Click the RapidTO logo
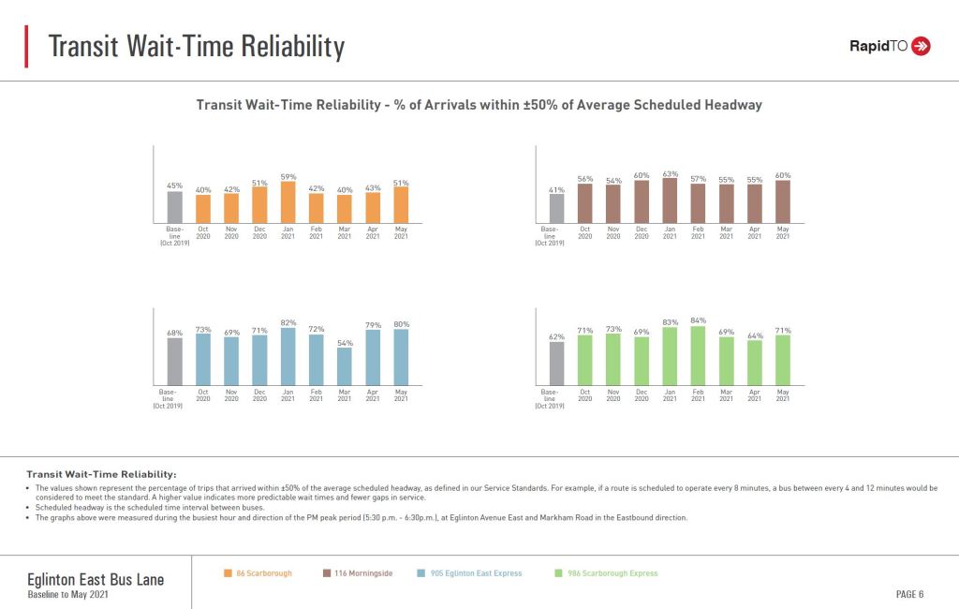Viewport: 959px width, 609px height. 889,46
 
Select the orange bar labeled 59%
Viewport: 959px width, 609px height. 288,201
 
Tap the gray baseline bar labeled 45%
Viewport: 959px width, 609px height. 175,207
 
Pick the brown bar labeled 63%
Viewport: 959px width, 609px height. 670,200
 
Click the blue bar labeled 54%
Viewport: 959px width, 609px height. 345,368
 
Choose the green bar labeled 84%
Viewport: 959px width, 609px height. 698,357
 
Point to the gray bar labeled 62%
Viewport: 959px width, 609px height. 556,364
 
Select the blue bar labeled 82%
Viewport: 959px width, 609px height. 288,358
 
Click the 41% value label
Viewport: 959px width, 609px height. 556,189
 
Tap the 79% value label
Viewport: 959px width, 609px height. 373,325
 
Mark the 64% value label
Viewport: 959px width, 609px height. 755,335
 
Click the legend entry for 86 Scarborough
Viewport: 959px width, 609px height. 258,573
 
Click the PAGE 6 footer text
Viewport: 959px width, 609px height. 909,594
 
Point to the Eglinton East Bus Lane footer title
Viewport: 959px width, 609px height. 96,580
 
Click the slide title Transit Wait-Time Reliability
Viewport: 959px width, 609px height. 196,46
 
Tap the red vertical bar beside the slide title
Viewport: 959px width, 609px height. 27,46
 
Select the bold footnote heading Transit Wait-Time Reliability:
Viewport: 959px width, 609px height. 101,474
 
